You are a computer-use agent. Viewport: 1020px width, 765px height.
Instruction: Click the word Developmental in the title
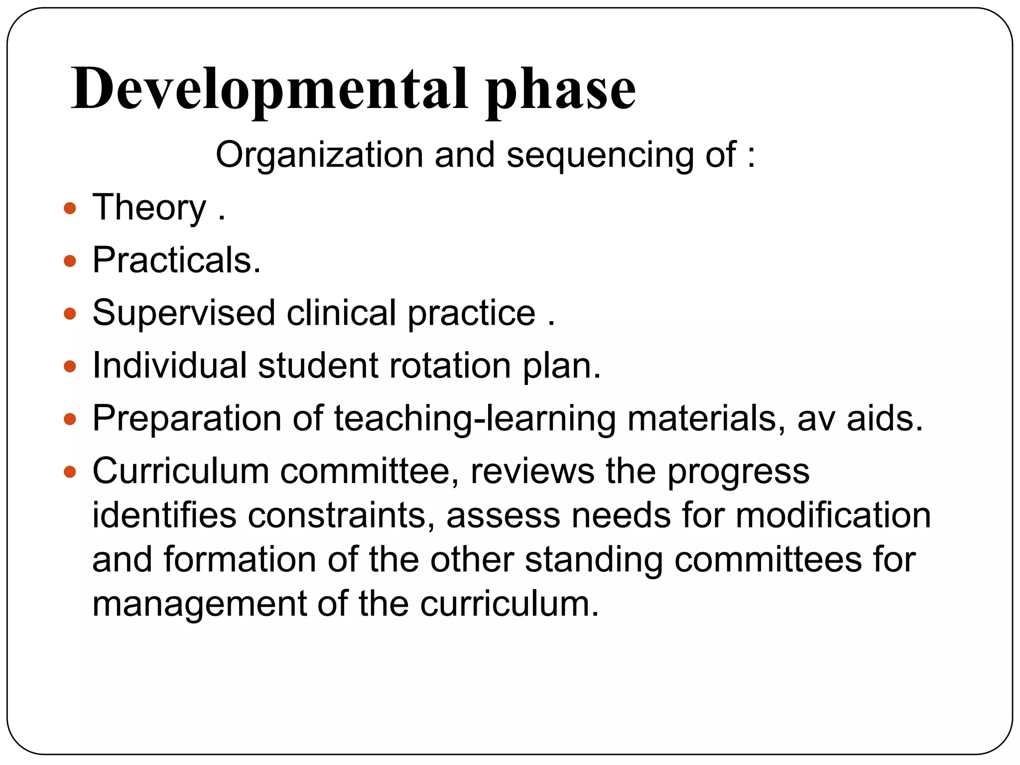tap(269, 90)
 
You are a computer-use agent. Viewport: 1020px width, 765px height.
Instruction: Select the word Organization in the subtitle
tap(319, 155)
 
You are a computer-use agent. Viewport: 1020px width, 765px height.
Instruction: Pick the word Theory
tap(149, 208)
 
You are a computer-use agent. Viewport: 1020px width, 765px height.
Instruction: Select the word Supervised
tap(184, 314)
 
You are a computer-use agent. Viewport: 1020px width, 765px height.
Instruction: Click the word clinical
tap(341, 314)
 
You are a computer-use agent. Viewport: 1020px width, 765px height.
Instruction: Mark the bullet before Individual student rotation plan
tap(70, 367)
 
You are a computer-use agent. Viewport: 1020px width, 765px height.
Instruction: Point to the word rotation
tap(450, 366)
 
